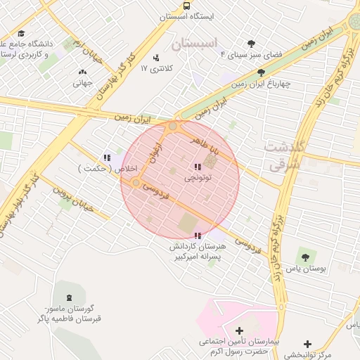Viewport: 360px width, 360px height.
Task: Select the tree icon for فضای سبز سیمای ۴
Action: (252, 44)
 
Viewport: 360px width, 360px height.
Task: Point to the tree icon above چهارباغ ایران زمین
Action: (262, 72)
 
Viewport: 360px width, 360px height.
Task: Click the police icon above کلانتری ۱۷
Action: (155, 58)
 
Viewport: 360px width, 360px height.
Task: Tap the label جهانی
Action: (82, 83)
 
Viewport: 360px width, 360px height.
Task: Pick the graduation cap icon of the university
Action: (21, 33)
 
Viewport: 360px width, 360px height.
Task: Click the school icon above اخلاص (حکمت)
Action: (107, 158)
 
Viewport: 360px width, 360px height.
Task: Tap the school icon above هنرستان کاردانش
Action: (198, 236)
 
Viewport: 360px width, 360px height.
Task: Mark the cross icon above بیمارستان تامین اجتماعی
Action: (239, 330)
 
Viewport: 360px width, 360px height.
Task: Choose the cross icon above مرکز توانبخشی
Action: (307, 344)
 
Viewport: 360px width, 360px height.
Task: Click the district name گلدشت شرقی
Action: (284, 155)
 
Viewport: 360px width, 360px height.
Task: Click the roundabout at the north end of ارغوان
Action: (173, 127)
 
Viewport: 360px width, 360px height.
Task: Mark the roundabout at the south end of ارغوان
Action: (136, 183)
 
